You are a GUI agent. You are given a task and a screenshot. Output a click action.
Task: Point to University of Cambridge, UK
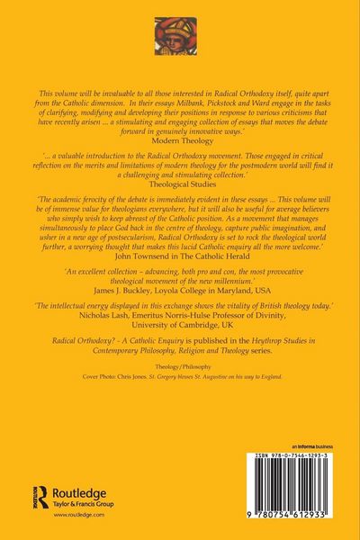(180, 340)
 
